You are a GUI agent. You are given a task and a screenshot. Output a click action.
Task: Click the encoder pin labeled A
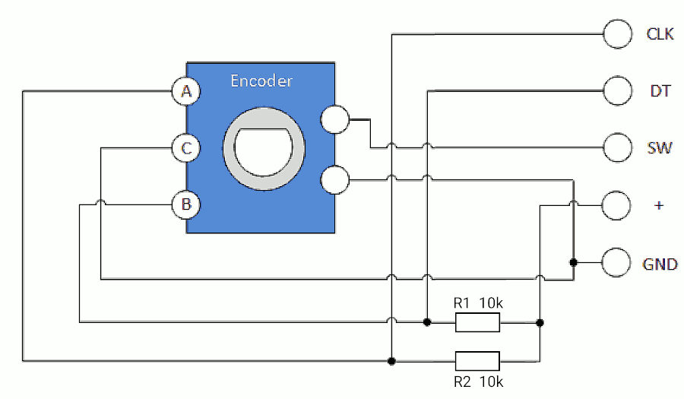pos(186,91)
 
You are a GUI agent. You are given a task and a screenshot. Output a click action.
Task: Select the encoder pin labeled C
pos(186,148)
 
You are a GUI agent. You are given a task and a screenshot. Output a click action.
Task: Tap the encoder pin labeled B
pos(186,204)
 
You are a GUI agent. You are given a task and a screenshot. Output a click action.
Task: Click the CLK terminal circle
pos(618,34)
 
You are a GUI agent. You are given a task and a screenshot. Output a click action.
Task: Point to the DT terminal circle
pos(618,90)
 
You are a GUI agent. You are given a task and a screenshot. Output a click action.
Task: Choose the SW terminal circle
pos(618,148)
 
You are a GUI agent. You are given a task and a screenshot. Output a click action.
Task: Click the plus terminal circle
pos(616,205)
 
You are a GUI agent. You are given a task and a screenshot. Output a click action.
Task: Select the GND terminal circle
pos(616,262)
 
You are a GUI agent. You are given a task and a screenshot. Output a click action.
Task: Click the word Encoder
pos(261,81)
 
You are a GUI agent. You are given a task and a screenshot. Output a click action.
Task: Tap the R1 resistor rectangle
pos(478,323)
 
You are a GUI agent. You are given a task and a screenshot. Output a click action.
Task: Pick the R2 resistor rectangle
pos(478,361)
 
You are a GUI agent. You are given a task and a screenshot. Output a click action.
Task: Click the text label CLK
pos(660,34)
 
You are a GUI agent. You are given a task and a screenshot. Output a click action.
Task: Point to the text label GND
pos(660,264)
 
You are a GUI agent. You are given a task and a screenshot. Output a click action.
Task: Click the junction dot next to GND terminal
pos(574,262)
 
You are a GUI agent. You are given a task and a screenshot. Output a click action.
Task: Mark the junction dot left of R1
pos(427,322)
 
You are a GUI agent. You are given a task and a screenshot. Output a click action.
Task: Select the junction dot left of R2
pos(391,361)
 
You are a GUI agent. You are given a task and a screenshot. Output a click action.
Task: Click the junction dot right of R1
pos(540,323)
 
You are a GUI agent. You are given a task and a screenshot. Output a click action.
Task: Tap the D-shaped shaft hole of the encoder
pos(264,152)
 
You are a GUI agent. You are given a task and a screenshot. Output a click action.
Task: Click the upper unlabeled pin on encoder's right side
pos(335,119)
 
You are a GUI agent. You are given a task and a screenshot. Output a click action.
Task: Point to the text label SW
pos(660,148)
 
